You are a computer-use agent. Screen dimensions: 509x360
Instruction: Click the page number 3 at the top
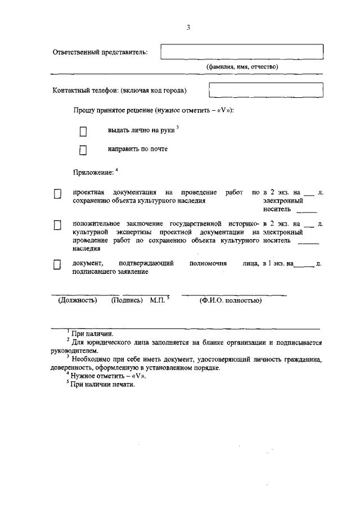tap(188, 28)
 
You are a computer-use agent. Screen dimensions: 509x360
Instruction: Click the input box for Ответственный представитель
tap(242, 52)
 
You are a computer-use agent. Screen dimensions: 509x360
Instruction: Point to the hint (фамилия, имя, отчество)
tap(242, 66)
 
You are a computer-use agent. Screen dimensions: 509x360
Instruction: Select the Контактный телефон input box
tap(265, 90)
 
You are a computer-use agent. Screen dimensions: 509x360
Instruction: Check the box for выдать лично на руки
tap(83, 132)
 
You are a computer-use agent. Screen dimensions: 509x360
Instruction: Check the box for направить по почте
tap(83, 150)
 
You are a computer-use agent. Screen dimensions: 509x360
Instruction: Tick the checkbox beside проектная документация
tap(57, 194)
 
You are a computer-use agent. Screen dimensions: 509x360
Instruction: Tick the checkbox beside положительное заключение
tap(57, 226)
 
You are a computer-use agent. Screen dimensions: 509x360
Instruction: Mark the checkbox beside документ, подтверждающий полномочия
tap(57, 265)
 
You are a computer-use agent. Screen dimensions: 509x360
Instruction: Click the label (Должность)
tap(78, 300)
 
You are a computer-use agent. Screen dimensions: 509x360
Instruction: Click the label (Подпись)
tap(127, 300)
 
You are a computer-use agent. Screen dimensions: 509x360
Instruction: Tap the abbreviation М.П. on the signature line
tap(157, 300)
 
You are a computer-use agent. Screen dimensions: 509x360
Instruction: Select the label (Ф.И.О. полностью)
tap(231, 300)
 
